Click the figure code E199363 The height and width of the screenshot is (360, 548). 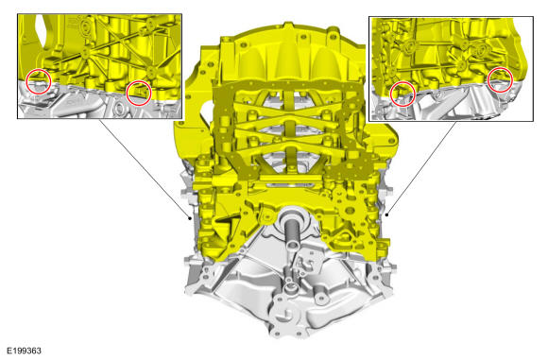[x=25, y=351]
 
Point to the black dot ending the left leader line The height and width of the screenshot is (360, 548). [x=190, y=219]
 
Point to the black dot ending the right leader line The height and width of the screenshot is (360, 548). [x=386, y=214]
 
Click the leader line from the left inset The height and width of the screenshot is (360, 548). [x=145, y=169]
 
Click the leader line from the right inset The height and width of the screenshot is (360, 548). [x=421, y=168]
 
